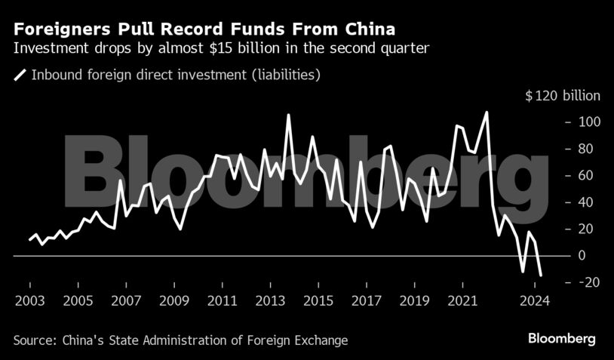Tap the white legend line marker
(20, 75)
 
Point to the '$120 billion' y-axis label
(563, 96)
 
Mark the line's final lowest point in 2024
(540, 275)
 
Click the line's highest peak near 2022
(487, 112)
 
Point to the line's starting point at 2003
(30, 239)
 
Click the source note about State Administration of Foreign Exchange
(180, 340)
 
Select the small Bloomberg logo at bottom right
(561, 338)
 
